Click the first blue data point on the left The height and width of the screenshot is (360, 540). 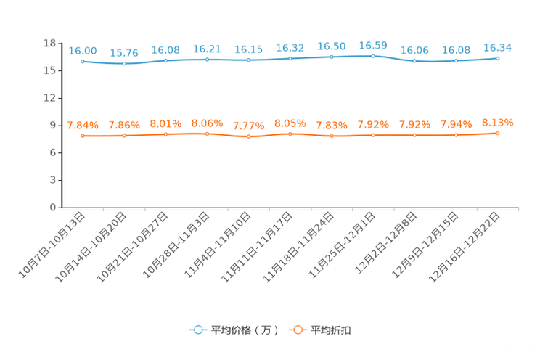tap(83, 61)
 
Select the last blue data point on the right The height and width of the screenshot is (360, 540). tap(498, 57)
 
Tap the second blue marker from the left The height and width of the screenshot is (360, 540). tap(124, 64)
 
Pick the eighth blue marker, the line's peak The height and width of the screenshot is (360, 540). tap(373, 55)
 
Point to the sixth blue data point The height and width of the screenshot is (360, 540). tap(290, 58)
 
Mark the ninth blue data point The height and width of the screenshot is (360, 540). tap(414, 61)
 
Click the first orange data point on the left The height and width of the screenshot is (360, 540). tap(83, 136)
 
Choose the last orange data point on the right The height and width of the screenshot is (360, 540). tap(498, 133)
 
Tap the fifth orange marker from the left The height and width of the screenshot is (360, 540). tap(249, 136)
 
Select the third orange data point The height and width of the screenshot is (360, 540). tap(166, 134)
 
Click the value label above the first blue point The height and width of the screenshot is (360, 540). tap(83, 50)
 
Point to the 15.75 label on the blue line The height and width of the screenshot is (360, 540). tap(124, 53)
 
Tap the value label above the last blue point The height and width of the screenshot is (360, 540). tap(498, 47)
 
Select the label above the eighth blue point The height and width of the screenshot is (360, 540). tap(373, 44)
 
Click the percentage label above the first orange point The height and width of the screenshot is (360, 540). tap(83, 125)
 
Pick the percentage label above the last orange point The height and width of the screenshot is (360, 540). tap(498, 122)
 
